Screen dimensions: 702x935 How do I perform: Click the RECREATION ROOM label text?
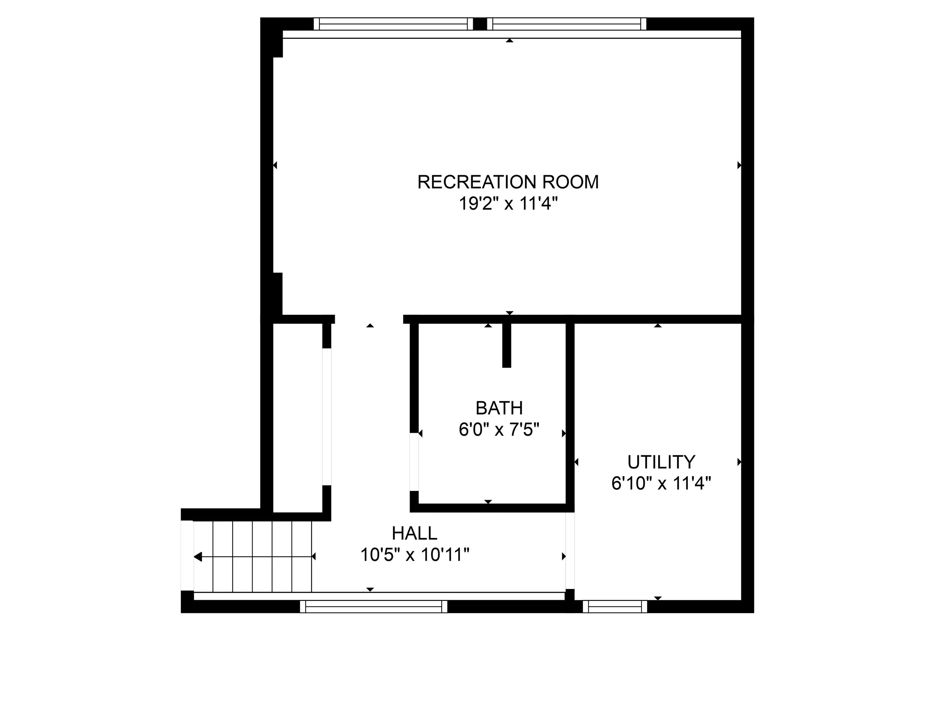tap(508, 182)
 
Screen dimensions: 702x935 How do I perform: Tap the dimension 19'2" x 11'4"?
tap(508, 204)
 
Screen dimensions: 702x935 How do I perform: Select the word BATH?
tap(499, 408)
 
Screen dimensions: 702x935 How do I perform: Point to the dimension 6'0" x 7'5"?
tap(499, 430)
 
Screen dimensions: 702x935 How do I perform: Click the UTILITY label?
tap(661, 462)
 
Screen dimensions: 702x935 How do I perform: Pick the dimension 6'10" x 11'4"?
tap(661, 483)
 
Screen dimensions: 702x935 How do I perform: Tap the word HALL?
tap(414, 534)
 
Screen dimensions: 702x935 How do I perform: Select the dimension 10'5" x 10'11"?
tap(414, 555)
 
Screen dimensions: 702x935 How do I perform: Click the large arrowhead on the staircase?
tap(198, 557)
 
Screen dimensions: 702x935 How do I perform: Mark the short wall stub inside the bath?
tap(506, 345)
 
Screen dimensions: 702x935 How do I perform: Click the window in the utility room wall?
tap(614, 607)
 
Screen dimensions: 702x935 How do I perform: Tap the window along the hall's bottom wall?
tap(373, 607)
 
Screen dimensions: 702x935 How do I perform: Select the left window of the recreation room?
tap(393, 24)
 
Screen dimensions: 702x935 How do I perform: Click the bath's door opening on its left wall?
tap(414, 462)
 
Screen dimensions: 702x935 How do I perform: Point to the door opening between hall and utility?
tap(570, 550)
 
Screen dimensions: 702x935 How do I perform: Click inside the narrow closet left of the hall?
tap(298, 417)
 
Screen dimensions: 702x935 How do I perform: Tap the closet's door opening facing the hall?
tap(327, 417)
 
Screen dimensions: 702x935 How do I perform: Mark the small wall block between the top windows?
tap(480, 24)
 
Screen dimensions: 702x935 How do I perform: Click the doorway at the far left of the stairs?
tap(187, 555)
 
